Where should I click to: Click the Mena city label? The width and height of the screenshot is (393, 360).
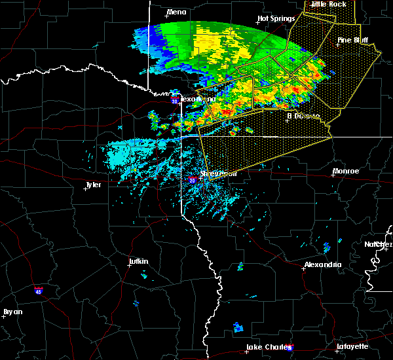177,12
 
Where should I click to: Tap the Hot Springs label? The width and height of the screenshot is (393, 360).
273,19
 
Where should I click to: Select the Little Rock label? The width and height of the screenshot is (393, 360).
329,4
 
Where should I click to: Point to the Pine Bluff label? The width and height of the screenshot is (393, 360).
353,40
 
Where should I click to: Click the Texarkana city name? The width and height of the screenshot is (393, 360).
196,99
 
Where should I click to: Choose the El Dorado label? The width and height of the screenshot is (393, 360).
305,116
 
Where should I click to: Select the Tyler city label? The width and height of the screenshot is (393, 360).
93,185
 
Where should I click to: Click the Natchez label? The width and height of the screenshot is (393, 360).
378,244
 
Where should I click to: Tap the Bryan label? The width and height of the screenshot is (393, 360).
13,312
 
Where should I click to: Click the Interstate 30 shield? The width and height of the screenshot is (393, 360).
174,101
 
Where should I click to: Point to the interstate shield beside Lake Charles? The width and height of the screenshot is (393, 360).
290,348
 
